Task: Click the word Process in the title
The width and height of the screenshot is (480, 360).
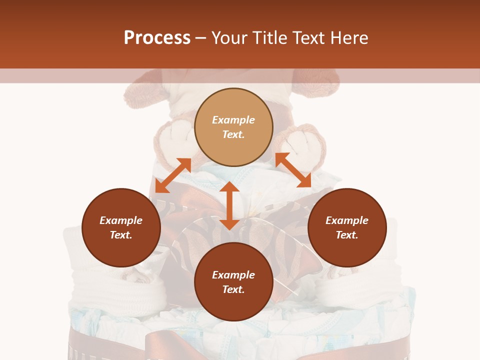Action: (157, 38)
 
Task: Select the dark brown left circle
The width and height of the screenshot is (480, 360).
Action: (121, 250)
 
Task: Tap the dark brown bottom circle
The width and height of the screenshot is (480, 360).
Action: (233, 305)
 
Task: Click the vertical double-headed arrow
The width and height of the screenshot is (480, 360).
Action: (229, 205)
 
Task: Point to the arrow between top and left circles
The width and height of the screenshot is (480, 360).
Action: (173, 175)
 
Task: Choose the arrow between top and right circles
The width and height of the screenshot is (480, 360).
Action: (293, 170)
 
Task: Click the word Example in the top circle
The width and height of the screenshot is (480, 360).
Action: (233, 120)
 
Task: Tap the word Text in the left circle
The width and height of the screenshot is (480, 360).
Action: (121, 235)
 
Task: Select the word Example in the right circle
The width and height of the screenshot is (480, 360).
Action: (347, 220)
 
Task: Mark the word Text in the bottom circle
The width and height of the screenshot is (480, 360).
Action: (233, 289)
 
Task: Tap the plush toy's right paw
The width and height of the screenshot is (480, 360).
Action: (305, 145)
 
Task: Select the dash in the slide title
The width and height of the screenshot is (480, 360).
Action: (201, 38)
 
